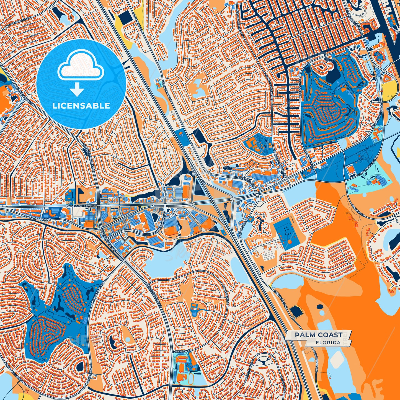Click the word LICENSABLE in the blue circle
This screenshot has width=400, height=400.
pos(81,106)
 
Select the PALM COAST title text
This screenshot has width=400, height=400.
pos(318,335)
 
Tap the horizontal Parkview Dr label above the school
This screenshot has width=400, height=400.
pos(182,351)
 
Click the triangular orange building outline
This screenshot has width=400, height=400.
pos(387,80)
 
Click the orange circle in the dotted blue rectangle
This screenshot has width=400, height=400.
pos(289,241)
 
